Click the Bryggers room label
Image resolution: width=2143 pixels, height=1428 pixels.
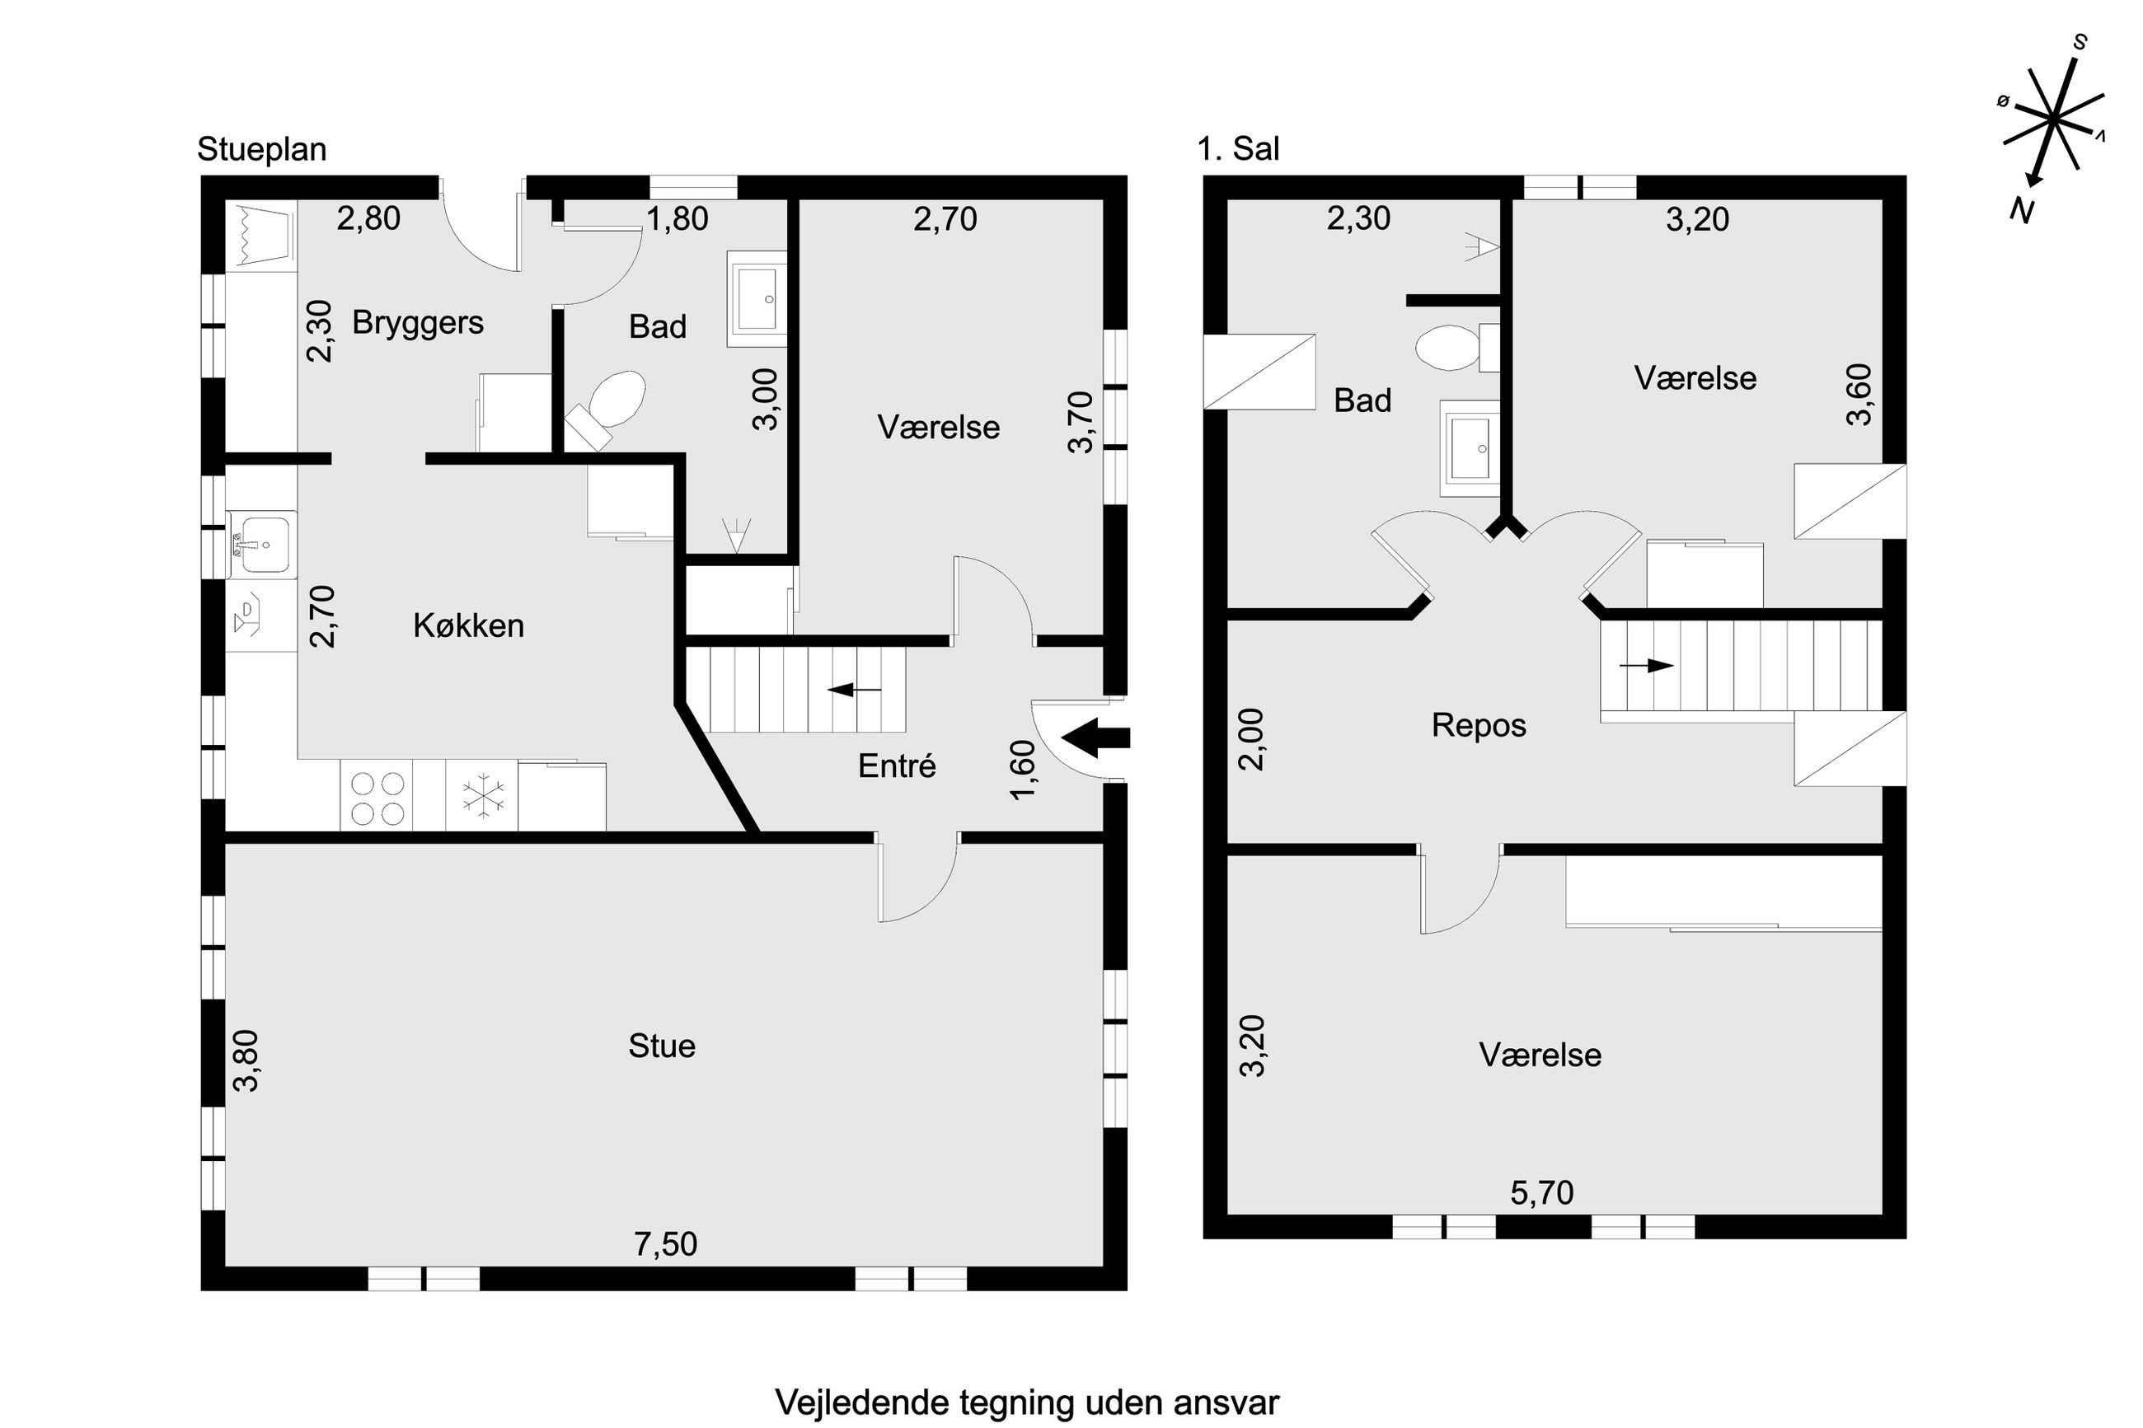[x=417, y=323]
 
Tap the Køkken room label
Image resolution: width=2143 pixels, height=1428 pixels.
[x=468, y=625]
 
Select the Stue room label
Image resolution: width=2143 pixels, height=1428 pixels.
[x=661, y=1046]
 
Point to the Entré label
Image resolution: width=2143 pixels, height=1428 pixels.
[x=896, y=766]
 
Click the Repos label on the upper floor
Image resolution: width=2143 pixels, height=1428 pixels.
[x=1478, y=726]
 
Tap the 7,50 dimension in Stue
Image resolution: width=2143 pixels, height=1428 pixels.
[x=666, y=1244]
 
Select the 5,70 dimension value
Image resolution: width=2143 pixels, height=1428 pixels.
[x=1542, y=1193]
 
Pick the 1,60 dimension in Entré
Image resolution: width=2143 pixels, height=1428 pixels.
[x=1023, y=770]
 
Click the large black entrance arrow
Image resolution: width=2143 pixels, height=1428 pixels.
[x=1095, y=737]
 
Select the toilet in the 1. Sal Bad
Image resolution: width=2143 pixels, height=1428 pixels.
[x=1457, y=348]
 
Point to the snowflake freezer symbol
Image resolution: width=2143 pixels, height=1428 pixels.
[x=482, y=795]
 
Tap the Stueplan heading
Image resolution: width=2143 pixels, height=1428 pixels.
[x=261, y=149]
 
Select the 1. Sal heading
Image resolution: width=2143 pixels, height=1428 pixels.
[x=1238, y=148]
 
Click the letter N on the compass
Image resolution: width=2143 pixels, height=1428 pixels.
[x=2021, y=211]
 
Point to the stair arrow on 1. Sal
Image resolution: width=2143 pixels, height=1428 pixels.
[x=1647, y=666]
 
